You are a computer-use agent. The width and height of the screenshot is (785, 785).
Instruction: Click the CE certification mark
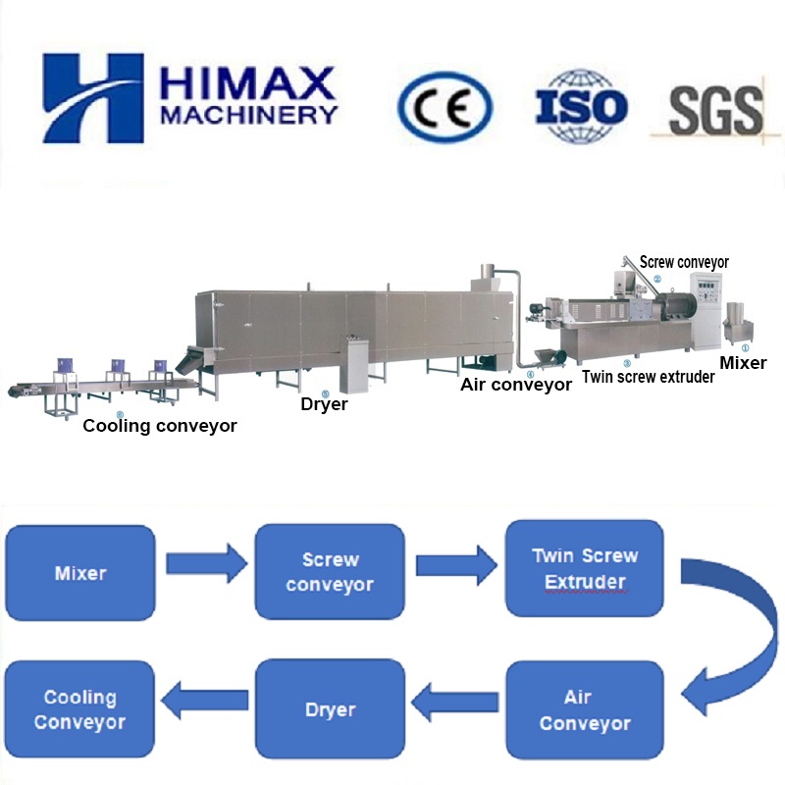click(445, 107)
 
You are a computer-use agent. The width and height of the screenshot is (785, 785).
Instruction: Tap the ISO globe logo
click(581, 107)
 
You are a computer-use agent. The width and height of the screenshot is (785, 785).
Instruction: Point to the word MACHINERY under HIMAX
click(248, 116)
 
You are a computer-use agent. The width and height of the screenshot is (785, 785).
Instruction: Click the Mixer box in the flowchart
click(80, 572)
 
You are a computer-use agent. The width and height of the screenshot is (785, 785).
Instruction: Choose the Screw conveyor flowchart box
click(330, 572)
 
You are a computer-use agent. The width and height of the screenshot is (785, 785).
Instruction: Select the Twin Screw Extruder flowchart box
click(584, 569)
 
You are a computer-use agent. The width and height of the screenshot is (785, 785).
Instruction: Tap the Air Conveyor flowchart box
click(584, 710)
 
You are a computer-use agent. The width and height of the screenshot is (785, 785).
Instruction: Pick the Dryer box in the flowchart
click(330, 709)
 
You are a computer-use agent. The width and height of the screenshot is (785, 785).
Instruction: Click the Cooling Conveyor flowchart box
click(79, 709)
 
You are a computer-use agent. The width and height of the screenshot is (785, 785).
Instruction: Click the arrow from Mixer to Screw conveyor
click(206, 564)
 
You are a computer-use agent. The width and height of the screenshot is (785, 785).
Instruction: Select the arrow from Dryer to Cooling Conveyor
click(204, 702)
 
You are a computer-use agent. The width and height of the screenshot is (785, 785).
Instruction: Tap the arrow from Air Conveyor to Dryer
click(454, 702)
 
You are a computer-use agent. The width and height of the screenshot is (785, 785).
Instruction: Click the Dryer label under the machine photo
click(325, 403)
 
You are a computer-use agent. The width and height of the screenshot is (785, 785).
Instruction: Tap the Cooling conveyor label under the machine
click(159, 426)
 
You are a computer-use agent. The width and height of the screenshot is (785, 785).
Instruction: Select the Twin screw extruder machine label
click(648, 376)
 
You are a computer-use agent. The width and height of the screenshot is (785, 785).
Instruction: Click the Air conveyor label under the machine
click(516, 385)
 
